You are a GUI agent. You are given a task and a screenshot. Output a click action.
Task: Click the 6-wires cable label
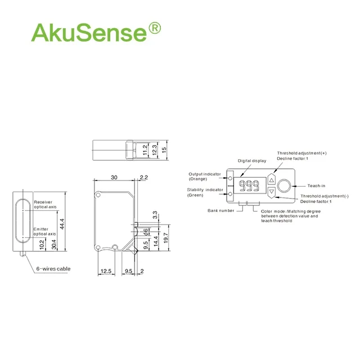tap(53, 269)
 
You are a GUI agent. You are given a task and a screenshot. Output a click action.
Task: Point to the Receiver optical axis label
tap(46, 204)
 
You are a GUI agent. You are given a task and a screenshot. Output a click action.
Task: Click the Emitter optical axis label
tap(45, 231)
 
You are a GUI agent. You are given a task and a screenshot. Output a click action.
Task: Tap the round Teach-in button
tap(285, 186)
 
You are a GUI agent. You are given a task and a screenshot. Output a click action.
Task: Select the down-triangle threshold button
tap(271, 192)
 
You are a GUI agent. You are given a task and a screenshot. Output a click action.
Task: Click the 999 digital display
tap(248, 186)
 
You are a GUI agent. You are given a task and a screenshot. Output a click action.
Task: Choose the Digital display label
tap(251, 161)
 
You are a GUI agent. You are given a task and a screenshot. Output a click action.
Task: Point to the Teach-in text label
tap(317, 186)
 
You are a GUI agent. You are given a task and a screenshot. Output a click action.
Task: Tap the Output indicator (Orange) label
tap(204, 176)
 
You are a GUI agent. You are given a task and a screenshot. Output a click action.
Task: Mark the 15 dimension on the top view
tap(165, 150)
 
